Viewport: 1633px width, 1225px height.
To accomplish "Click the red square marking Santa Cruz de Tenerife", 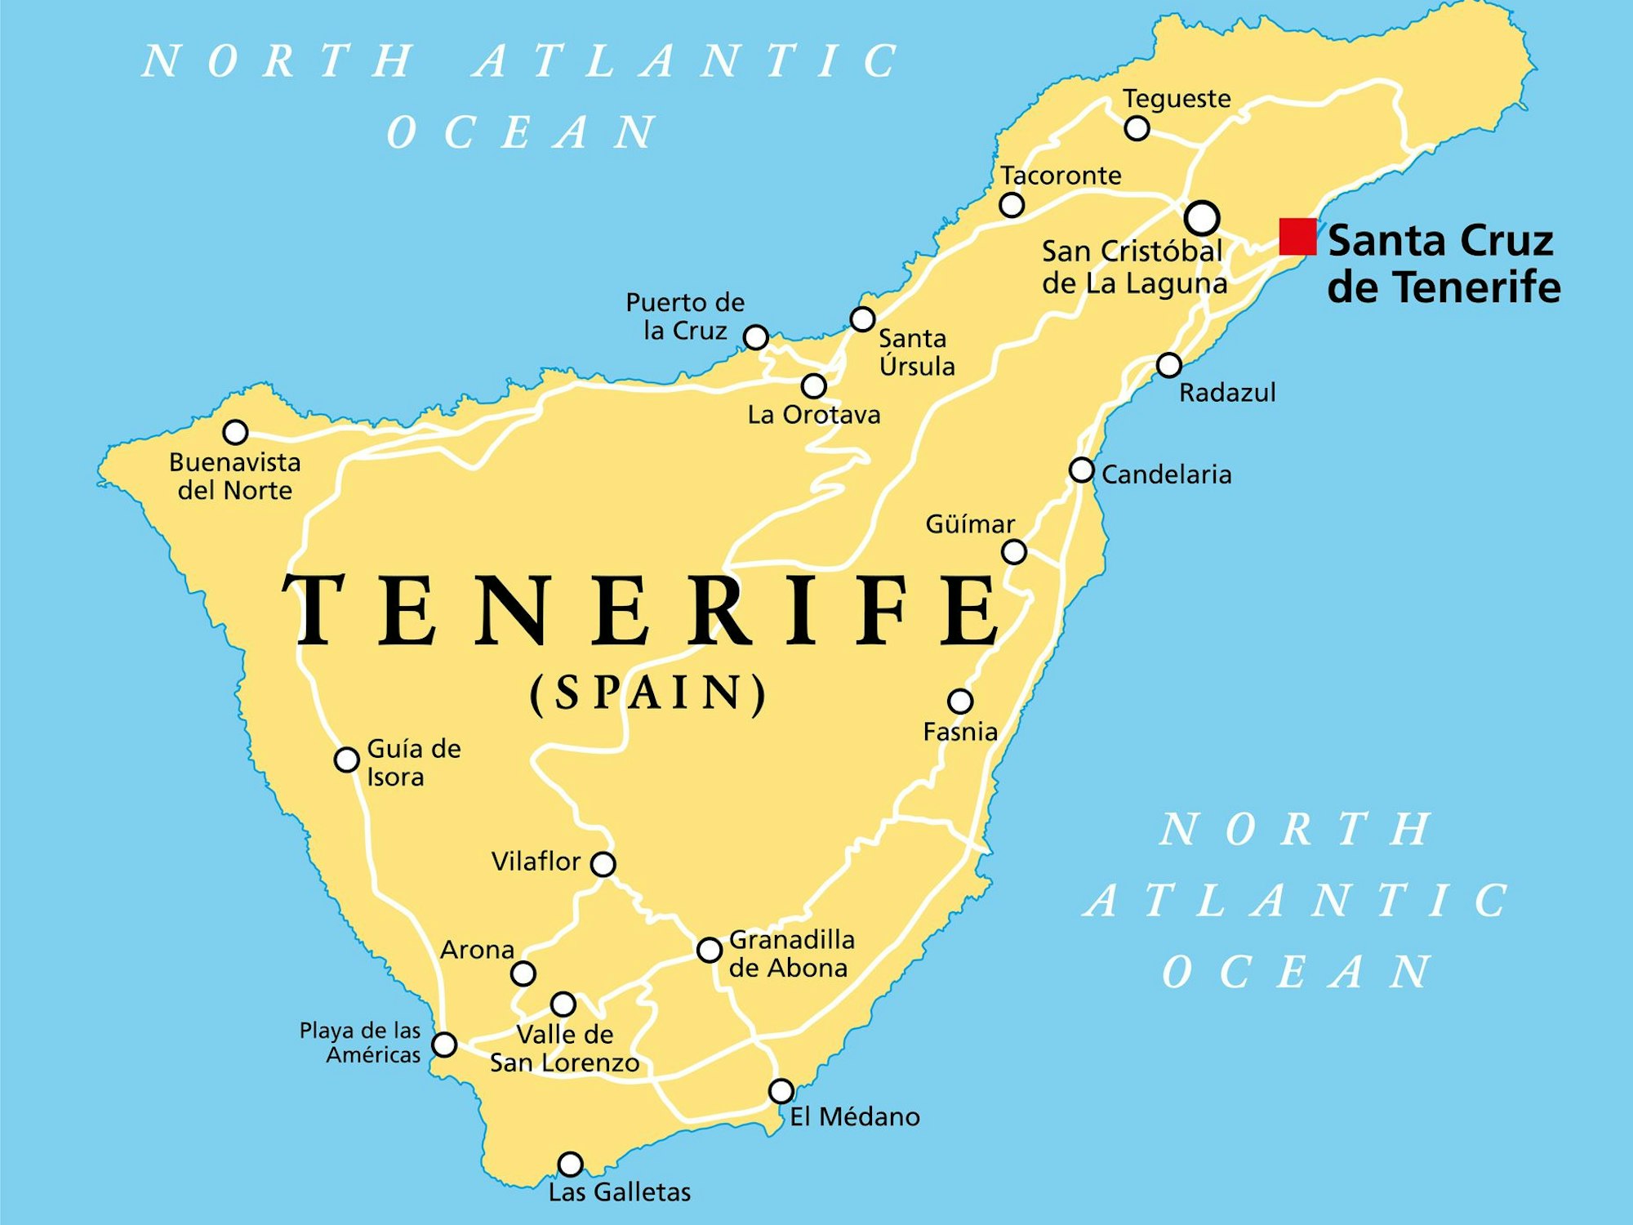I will (x=1297, y=237).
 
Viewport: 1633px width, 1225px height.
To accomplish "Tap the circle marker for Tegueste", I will (x=1137, y=128).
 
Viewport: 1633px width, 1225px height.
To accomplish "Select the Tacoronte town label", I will (x=1061, y=176).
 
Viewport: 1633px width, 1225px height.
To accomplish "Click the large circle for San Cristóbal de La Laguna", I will (x=1202, y=218).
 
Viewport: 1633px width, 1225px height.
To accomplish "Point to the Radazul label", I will (x=1226, y=393).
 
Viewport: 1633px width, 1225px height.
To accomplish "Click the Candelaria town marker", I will (x=1081, y=470).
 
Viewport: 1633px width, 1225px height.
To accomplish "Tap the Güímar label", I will (x=970, y=523).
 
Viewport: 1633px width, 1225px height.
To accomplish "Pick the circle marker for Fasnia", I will (x=960, y=701).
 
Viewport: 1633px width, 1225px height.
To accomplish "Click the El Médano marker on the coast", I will (x=781, y=1091).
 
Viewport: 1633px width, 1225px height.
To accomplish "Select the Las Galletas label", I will (x=619, y=1192).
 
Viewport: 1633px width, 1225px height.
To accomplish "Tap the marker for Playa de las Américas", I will (x=444, y=1045).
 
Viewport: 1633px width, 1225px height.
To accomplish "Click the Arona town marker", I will (x=523, y=973).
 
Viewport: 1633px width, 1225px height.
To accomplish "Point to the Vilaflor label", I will (x=536, y=862).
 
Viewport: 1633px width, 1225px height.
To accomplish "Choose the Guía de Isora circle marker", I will (x=346, y=759).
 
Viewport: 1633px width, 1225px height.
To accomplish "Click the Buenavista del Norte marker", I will (x=235, y=432).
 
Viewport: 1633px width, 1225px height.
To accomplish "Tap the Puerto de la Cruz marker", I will (x=756, y=336).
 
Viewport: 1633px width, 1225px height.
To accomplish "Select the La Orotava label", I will (x=813, y=415).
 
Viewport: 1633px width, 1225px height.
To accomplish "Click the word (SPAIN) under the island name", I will (x=648, y=693).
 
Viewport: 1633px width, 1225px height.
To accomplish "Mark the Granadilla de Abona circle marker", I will (x=709, y=950).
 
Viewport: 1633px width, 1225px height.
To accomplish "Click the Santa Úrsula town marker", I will (x=862, y=318).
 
